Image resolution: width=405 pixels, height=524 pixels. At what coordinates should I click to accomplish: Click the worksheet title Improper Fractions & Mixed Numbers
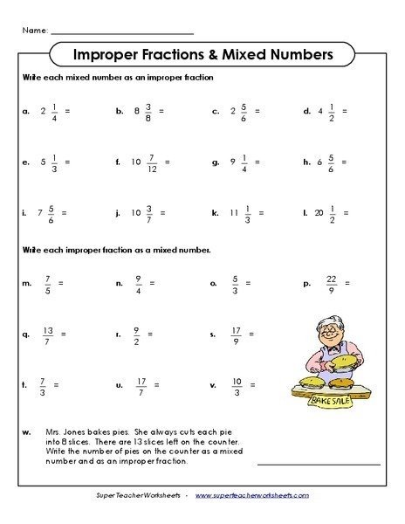202,55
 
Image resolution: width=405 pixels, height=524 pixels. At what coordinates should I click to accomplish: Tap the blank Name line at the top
122,31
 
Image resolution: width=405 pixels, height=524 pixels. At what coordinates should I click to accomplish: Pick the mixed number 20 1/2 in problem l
326,212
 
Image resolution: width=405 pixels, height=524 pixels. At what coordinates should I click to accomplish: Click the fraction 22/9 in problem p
330,284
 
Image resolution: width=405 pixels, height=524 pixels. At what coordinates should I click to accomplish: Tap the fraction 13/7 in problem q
48,334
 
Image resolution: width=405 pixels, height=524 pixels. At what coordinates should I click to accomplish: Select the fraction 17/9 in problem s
237,334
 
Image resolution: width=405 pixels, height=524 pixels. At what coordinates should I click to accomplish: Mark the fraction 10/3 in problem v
237,384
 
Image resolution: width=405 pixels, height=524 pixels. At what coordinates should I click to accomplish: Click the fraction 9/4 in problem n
138,284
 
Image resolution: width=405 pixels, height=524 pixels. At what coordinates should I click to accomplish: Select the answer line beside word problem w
318,463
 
